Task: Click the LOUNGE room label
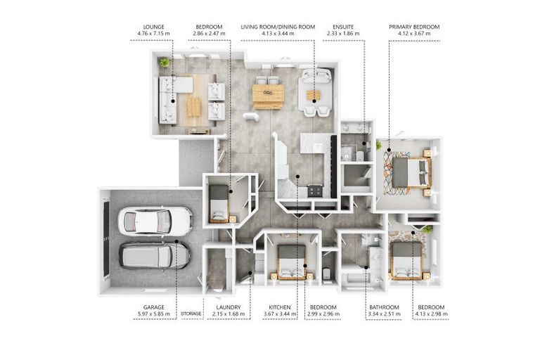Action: tap(153, 27)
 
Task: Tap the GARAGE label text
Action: tap(153, 307)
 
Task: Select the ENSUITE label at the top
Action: tap(343, 27)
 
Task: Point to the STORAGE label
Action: tap(191, 314)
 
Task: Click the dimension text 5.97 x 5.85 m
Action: tap(153, 314)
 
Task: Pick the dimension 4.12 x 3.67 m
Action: tap(414, 34)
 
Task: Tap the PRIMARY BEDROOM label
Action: tap(414, 27)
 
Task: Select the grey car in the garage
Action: tap(154, 256)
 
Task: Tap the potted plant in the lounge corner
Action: tap(165, 63)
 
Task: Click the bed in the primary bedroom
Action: tap(411, 172)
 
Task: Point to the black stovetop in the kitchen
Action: tap(315, 191)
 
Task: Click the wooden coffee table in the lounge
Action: tap(194, 107)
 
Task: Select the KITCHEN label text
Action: tap(280, 307)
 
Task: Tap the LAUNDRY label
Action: tap(229, 307)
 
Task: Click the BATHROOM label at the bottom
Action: tap(384, 307)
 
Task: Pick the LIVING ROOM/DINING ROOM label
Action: tap(278, 27)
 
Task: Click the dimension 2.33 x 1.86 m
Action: tap(343, 34)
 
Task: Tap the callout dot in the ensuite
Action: tap(364, 143)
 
